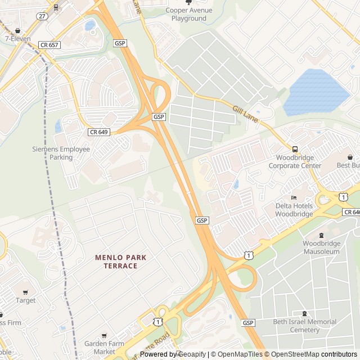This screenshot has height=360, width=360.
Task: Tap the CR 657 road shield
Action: pos(49,44)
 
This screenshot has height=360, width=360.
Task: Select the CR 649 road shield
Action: pos(98,132)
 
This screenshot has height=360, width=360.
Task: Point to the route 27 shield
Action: pos(42,16)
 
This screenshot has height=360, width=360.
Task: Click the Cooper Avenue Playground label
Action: pos(189,14)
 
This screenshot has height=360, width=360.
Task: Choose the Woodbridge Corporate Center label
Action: pos(295,161)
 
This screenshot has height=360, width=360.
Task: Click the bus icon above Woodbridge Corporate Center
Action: pos(295,149)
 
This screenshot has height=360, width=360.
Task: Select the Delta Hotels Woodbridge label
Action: pos(294,210)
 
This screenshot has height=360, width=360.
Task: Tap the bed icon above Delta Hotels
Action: pos(294,197)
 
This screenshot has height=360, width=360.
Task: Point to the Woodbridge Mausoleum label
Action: pos(321,247)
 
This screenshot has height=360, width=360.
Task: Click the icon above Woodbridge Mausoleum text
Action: pos(321,235)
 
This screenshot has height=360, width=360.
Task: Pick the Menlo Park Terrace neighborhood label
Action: pos(120,262)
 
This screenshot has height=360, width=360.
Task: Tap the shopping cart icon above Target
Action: pos(25,292)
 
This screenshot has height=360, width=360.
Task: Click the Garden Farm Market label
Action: pos(103,347)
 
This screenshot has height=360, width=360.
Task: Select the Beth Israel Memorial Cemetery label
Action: pos(304,326)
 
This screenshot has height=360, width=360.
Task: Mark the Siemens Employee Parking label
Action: pos(61,153)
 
